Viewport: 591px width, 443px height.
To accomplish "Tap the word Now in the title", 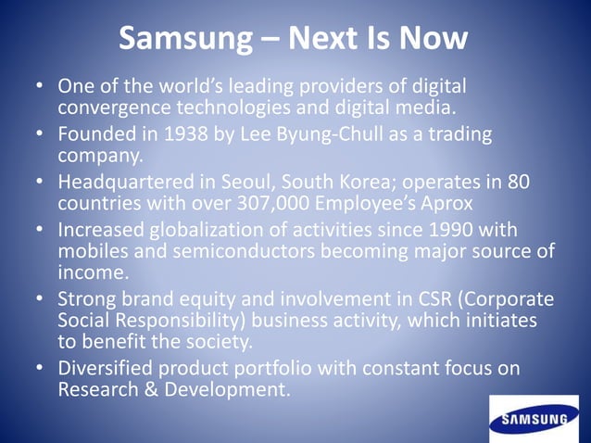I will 434,40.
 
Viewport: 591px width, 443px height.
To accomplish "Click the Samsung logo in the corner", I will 533,419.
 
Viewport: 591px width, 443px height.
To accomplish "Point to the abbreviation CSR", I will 421,299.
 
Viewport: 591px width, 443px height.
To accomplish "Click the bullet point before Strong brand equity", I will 40,299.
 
